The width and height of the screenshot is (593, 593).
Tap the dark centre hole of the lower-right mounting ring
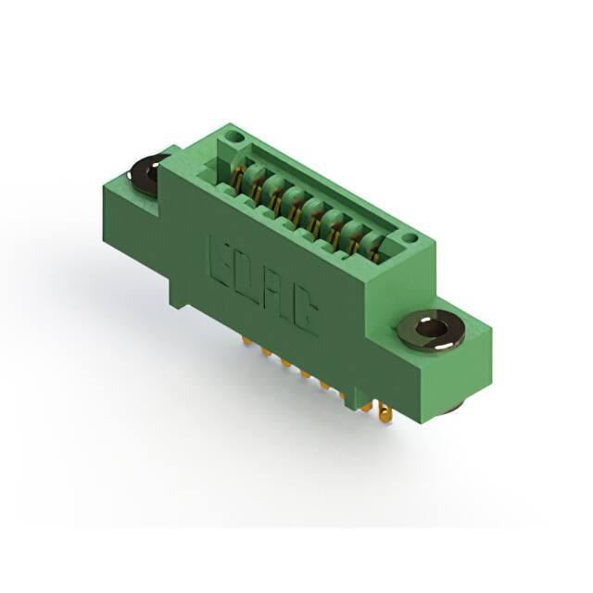coord(431,329)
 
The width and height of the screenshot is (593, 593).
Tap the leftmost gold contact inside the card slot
coord(236,176)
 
